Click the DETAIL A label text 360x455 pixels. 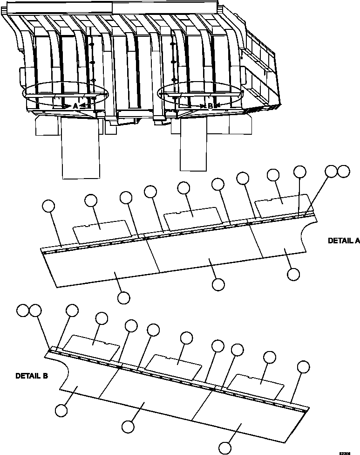pyautogui.click(x=344, y=241)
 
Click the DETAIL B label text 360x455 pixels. pyautogui.click(x=32, y=375)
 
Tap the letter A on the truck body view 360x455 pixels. pyautogui.click(x=75, y=106)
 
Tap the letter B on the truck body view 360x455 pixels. pyautogui.click(x=210, y=106)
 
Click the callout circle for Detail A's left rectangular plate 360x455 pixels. pyautogui.click(x=91, y=200)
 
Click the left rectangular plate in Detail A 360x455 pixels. pyautogui.click(x=102, y=230)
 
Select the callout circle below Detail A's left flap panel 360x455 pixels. pyautogui.click(x=123, y=297)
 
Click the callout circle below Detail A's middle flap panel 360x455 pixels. pyautogui.click(x=217, y=284)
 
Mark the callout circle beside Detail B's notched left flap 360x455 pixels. pyautogui.click(x=61, y=410)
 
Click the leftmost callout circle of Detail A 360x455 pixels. pyautogui.click(x=48, y=206)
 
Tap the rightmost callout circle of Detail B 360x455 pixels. pyautogui.click(x=304, y=366)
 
